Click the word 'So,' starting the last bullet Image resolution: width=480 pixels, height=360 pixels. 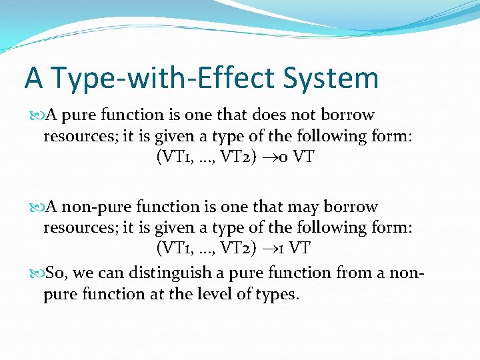point(56,273)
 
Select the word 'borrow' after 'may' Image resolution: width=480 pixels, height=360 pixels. point(353,207)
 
